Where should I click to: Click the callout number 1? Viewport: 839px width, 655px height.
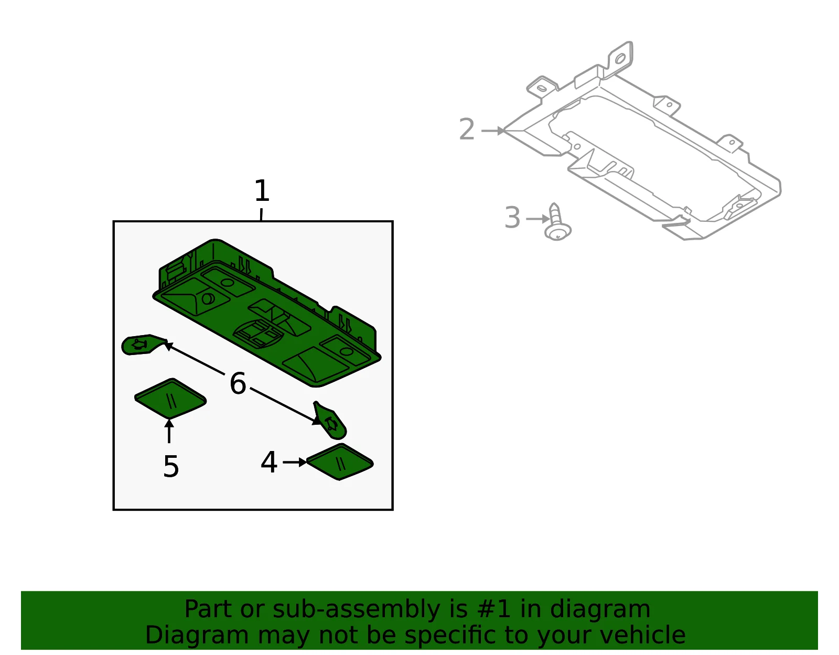262,190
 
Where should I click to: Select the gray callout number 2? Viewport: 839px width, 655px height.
466,129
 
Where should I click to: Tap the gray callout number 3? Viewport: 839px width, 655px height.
512,217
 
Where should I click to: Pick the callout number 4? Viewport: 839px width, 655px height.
268,462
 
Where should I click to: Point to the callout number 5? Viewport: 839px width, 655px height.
171,466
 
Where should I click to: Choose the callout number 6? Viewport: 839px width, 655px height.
238,383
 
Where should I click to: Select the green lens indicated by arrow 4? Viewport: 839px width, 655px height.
340,462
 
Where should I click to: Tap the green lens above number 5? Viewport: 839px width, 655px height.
170,399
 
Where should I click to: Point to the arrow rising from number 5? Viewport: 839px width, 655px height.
169,431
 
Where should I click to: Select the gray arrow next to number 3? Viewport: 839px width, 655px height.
538,219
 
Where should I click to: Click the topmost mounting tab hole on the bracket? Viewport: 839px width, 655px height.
620,59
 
